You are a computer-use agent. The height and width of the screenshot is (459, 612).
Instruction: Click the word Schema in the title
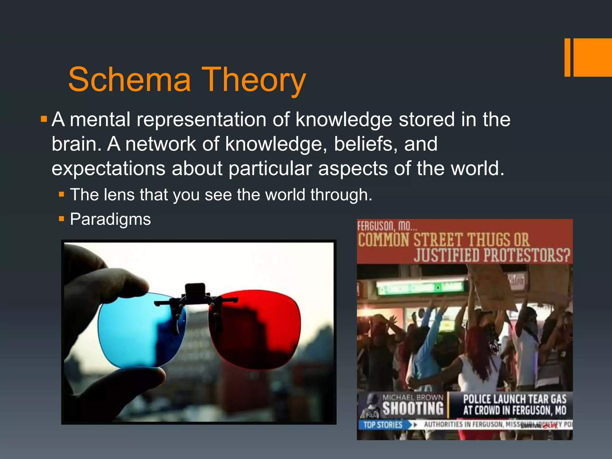tap(129, 80)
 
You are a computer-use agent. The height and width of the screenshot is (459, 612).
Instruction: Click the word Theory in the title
tap(254, 80)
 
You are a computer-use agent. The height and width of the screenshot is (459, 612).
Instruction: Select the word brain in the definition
tap(74, 144)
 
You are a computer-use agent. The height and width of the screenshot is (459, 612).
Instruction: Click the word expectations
tap(108, 169)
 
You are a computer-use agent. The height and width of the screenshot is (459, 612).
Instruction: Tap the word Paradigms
tap(110, 219)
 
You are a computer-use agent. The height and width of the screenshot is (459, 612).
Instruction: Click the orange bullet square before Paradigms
tap(62, 219)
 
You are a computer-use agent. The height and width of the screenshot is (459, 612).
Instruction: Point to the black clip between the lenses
tap(195, 291)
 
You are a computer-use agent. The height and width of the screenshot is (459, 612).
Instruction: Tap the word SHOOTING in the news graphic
tap(413, 408)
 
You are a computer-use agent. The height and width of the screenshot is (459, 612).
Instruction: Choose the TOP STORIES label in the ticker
tap(383, 425)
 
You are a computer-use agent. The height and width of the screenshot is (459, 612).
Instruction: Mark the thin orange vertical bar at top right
tap(567, 57)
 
